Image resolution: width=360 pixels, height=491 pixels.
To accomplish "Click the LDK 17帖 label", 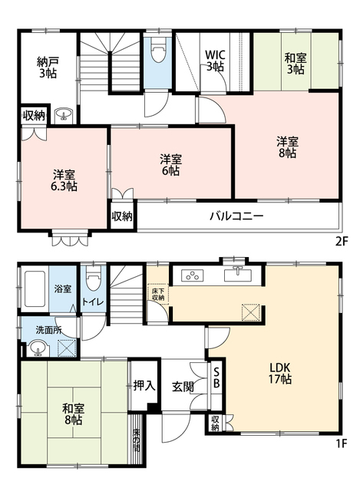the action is click(x=280, y=374).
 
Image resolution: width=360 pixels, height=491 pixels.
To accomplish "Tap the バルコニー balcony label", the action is click(x=236, y=216).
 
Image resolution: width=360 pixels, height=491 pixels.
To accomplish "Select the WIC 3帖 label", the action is click(x=215, y=61).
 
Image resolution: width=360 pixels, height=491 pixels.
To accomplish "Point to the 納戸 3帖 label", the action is click(x=48, y=68).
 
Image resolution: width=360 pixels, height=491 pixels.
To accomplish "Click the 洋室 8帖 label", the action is click(x=287, y=147).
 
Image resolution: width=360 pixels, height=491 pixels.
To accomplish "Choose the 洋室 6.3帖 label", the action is click(x=64, y=180).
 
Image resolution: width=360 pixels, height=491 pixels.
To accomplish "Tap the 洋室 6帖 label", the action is click(x=170, y=165).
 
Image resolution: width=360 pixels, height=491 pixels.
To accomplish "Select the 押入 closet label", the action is click(x=144, y=385).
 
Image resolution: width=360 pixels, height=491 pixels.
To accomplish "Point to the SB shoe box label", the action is click(x=216, y=378).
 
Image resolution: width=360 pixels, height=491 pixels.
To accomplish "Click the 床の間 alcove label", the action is click(x=136, y=440).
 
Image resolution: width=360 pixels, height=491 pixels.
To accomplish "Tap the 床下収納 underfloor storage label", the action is click(x=158, y=294).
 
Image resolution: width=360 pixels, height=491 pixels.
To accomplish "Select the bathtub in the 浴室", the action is click(x=35, y=289).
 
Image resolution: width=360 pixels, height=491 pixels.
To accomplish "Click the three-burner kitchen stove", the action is click(x=192, y=275).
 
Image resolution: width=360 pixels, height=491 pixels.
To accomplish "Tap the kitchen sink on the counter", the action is click(x=238, y=274).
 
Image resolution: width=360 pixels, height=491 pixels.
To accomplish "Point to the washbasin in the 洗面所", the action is click(x=38, y=349).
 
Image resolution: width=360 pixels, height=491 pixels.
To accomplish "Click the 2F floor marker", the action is click(x=342, y=242).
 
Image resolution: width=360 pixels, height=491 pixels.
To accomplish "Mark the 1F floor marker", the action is click(x=342, y=443).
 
